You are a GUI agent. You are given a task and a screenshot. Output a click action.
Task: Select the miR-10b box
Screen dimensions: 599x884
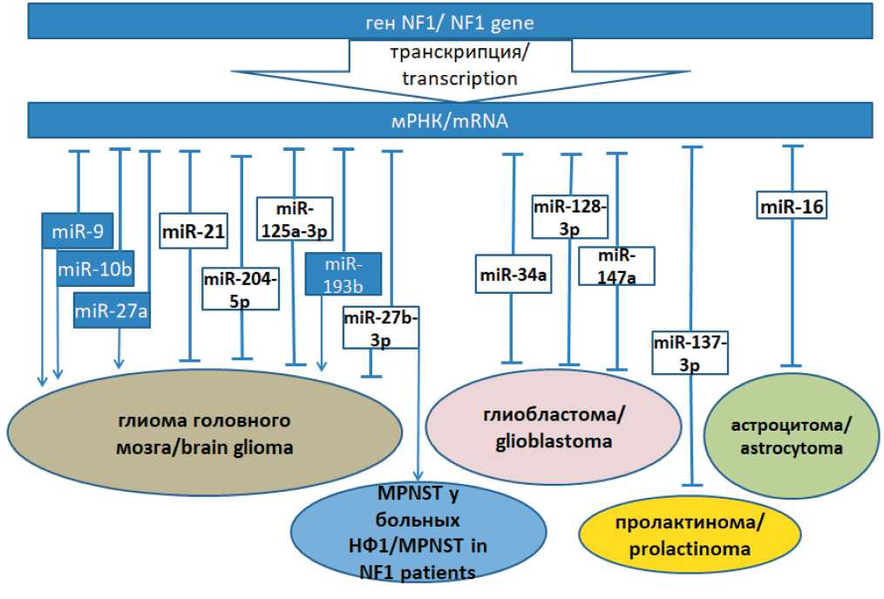(95, 269)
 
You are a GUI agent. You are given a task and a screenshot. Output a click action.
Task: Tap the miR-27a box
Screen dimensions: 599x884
(112, 310)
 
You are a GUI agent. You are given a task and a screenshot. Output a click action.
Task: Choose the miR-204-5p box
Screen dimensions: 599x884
(241, 289)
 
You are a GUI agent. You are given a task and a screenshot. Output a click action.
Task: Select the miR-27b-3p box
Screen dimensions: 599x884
(381, 328)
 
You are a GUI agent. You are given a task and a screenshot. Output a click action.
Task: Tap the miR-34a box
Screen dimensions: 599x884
(513, 276)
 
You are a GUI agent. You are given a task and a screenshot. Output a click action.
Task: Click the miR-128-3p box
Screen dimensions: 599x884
(569, 216)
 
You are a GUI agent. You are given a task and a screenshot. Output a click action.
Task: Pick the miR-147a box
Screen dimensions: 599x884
(616, 266)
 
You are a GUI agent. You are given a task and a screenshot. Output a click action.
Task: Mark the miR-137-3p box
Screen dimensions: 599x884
(690, 352)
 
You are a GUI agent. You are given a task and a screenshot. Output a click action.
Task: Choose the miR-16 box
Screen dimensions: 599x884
(792, 207)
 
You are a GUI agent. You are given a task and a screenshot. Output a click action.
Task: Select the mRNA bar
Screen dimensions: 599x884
(449, 121)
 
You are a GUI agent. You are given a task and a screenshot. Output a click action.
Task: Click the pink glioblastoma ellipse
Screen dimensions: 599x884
(554, 426)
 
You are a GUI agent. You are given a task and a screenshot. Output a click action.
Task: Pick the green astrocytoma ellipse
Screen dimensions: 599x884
(792, 436)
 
